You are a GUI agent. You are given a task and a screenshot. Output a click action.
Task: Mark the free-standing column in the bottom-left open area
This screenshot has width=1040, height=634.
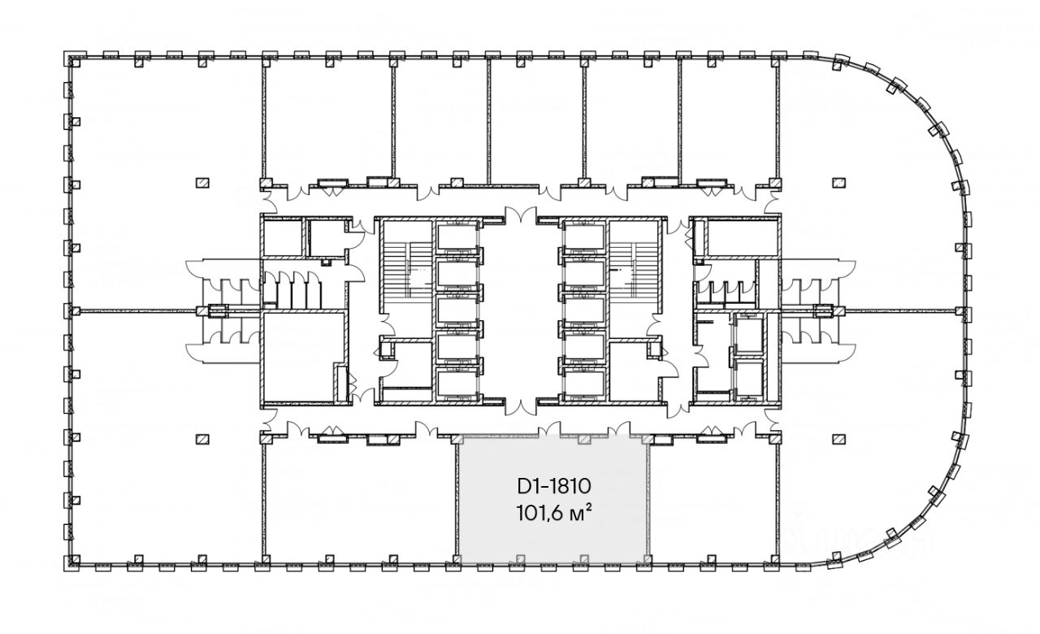pos(201,438)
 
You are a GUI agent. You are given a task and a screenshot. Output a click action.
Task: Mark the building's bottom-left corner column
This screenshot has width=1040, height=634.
pos(71,562)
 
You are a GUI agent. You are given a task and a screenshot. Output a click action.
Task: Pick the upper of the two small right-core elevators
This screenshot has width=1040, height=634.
pos(748,334)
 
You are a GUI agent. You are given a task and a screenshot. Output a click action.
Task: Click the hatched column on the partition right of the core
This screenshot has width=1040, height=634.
pos(822,310)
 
